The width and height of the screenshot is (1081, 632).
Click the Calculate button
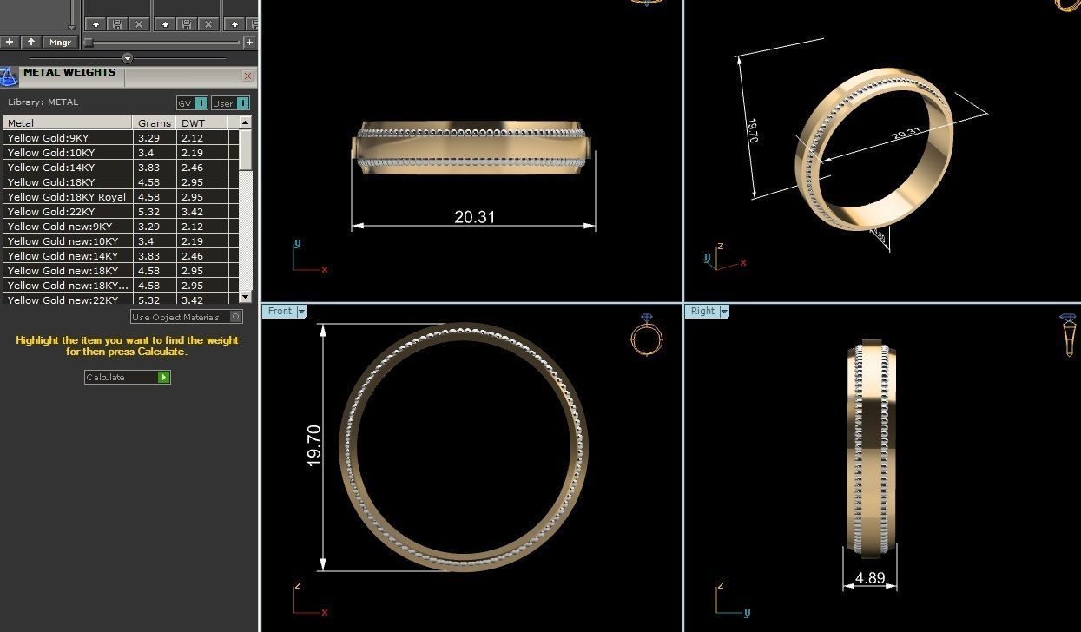coord(127,377)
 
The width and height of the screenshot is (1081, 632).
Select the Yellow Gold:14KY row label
coord(51,168)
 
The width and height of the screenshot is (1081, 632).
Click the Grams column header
coord(155,123)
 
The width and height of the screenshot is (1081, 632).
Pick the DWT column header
coord(193,123)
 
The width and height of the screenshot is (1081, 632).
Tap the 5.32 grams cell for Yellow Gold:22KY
coord(148,212)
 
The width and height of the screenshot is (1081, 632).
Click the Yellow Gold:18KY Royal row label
coord(67,197)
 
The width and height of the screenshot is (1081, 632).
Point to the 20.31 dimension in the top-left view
coord(474,217)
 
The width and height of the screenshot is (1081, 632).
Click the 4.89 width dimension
coord(869,578)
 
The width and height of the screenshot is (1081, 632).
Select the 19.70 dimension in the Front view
coord(314,445)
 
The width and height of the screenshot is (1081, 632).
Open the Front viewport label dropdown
coord(301,311)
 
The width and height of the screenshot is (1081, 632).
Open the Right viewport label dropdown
coord(724,311)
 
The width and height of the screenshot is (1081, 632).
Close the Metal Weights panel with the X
coord(248,76)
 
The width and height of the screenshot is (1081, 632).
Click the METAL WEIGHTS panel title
coord(69,73)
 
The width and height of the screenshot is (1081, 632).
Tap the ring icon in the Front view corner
coord(646,334)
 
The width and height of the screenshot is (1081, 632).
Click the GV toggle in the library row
coord(192,102)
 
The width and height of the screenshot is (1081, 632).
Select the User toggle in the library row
coord(230,102)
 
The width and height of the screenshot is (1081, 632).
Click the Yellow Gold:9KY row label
coord(49,138)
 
